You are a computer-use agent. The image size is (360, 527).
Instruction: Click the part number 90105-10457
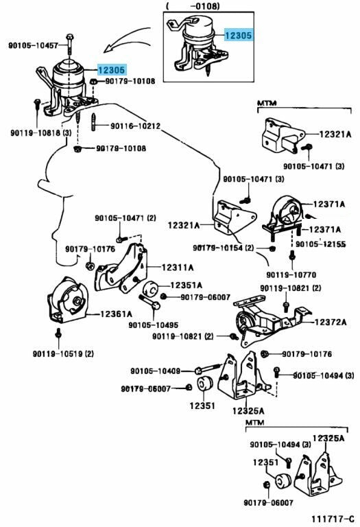click(33, 45)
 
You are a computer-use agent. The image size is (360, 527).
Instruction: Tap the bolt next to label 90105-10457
click(69, 44)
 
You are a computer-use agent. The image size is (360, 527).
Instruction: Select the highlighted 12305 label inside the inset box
click(238, 35)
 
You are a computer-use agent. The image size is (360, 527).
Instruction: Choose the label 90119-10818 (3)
click(41, 132)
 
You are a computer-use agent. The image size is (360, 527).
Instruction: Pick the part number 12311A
click(178, 268)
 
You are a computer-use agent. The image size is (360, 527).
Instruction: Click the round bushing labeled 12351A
click(150, 290)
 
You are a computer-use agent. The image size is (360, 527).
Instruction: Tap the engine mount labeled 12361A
click(67, 300)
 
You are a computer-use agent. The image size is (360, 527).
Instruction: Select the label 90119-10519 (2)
click(63, 353)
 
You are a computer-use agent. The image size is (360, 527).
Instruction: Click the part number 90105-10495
click(153, 325)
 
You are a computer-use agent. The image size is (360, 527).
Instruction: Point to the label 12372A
click(330, 322)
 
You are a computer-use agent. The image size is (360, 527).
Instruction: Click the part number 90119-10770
click(291, 275)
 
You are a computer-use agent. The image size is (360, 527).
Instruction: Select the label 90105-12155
click(321, 244)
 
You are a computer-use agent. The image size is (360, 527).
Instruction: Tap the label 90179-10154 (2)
click(224, 248)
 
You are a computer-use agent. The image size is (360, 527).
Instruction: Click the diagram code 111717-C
click(333, 519)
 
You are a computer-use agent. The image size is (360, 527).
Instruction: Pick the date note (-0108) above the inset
click(193, 5)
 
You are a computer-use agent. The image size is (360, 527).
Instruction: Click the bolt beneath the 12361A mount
click(59, 333)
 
